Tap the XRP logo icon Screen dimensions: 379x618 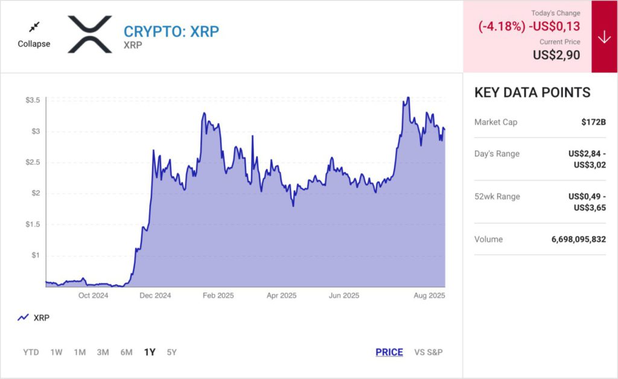pyautogui.click(x=90, y=34)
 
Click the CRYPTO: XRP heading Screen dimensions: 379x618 pyautogui.click(x=171, y=31)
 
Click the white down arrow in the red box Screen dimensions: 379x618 pyautogui.click(x=604, y=37)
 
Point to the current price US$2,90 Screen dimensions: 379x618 pyautogui.click(x=556, y=56)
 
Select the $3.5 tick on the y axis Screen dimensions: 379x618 pyautogui.click(x=33, y=100)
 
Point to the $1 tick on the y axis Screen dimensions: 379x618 pyautogui.click(x=35, y=255)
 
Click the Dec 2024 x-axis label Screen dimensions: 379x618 pyautogui.click(x=155, y=296)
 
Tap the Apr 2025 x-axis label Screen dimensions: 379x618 pyautogui.click(x=281, y=296)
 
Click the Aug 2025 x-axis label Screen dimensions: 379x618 pyautogui.click(x=429, y=296)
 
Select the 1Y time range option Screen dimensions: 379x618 pyautogui.click(x=150, y=352)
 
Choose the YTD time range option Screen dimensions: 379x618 pyautogui.click(x=31, y=352)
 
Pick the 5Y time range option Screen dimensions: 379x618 pyautogui.click(x=172, y=352)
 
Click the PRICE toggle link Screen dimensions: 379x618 pyautogui.click(x=389, y=352)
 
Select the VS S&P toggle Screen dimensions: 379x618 pyautogui.click(x=428, y=352)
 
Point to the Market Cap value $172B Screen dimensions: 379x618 pyautogui.click(x=593, y=123)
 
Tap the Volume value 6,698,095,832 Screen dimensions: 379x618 pyautogui.click(x=578, y=240)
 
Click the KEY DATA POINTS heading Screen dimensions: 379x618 pyautogui.click(x=532, y=93)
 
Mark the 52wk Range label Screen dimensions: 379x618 pyautogui.click(x=497, y=197)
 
